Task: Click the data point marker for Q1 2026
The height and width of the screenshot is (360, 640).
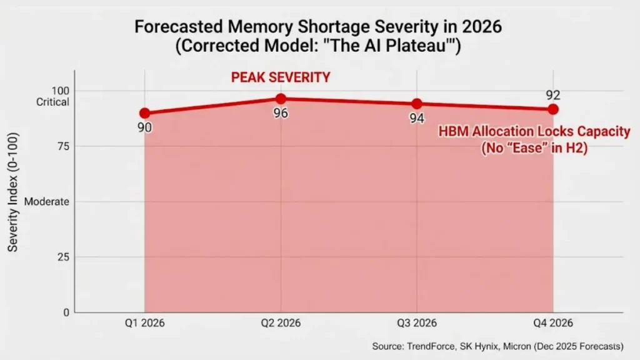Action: pyautogui.click(x=144, y=113)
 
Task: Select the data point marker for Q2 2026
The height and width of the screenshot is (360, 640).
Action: pyautogui.click(x=281, y=99)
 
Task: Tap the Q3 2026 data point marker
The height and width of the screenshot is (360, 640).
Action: pyautogui.click(x=417, y=104)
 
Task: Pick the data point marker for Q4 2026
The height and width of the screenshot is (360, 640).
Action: pyautogui.click(x=553, y=109)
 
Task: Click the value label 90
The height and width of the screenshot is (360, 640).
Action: pyautogui.click(x=144, y=128)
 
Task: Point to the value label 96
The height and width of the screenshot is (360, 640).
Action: pyautogui.click(x=281, y=114)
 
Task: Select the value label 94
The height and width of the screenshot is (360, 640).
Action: pyautogui.click(x=417, y=118)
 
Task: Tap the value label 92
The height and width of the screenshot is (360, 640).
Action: pyautogui.click(x=553, y=95)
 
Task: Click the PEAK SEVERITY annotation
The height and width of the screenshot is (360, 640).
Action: pyautogui.click(x=281, y=77)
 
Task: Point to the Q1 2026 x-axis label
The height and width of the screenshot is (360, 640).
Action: pyautogui.click(x=144, y=323)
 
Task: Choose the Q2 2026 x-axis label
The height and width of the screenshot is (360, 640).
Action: pyautogui.click(x=281, y=323)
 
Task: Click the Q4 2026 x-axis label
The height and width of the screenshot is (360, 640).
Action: pyautogui.click(x=553, y=323)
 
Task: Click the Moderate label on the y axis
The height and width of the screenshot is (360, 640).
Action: pyautogui.click(x=47, y=202)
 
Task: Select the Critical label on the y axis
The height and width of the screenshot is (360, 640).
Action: pyautogui.click(x=52, y=102)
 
